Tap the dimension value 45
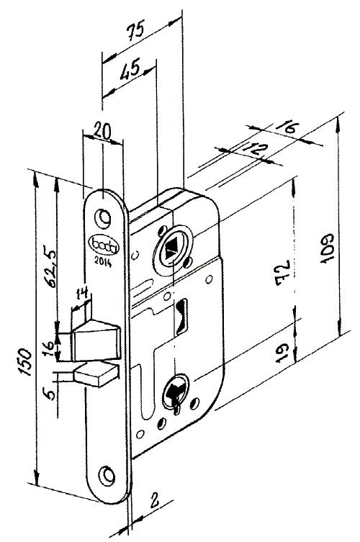click(130, 69)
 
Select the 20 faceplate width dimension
click(104, 131)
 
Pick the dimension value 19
click(283, 353)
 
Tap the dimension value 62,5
click(49, 266)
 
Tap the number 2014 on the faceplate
click(103, 263)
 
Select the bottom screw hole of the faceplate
click(107, 476)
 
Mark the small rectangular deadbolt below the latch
click(96, 376)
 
